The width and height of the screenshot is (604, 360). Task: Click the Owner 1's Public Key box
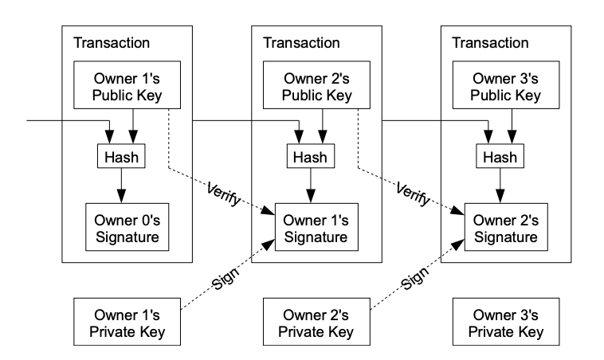127,84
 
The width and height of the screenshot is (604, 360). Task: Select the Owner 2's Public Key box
316,84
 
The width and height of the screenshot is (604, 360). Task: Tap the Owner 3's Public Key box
506,84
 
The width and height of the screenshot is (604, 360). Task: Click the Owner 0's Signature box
127,227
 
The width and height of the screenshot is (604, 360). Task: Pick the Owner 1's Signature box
316,227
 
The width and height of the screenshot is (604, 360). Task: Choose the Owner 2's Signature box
506,227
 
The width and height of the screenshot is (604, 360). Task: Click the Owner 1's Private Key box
127,322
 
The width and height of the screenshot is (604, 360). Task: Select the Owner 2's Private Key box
316,322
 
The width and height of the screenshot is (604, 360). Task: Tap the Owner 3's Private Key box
506,322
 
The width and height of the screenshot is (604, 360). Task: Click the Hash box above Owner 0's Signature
121,156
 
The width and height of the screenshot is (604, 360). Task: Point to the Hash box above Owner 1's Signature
311,156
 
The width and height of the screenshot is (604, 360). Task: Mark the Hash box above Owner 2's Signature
500,156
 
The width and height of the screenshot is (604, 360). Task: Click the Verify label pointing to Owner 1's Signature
224,194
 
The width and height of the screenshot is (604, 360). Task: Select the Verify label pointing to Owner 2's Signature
414,194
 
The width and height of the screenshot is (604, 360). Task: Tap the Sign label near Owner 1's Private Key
226,279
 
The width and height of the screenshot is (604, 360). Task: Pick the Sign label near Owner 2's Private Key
415,279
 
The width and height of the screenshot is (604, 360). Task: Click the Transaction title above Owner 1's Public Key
112,43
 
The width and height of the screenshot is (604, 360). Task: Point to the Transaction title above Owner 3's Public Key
490,43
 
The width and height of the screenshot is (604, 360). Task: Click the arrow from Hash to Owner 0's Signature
121,186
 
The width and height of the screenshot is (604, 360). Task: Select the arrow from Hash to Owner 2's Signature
500,186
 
